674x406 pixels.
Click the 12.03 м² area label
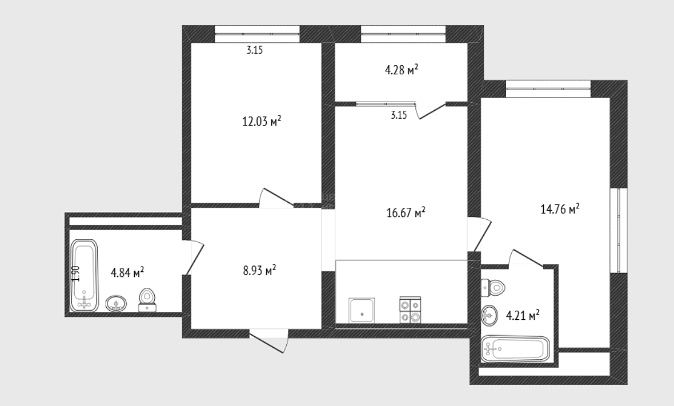coord(262,121)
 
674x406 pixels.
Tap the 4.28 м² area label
coord(402,70)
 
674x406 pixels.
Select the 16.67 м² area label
coord(406,212)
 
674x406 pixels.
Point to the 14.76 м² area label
coord(560,209)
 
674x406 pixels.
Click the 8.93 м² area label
coord(259,271)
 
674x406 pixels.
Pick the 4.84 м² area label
coord(127,272)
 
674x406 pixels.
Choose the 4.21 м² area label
coord(523,316)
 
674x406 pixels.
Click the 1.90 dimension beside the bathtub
coord(75,274)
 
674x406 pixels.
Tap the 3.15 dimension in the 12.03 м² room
coord(255,50)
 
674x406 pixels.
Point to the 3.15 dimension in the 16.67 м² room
coord(399,115)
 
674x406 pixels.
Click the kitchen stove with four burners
coord(410,309)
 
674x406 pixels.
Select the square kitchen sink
coord(362,310)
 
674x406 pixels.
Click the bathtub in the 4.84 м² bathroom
coord(85,275)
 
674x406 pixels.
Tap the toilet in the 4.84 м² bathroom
coord(147,300)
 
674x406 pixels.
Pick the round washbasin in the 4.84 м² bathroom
coord(116,303)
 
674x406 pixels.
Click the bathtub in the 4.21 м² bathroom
coord(515,348)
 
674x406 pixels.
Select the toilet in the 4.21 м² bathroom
coord(493,287)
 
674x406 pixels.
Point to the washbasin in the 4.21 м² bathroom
coord(489,315)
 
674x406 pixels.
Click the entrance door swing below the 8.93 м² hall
coord(268,341)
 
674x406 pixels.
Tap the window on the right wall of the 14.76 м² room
coord(619,230)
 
